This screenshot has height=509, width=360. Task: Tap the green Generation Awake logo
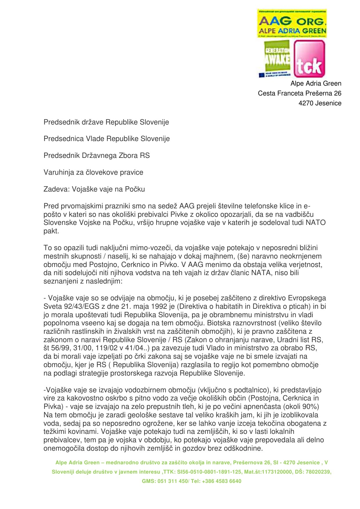pos(276,59)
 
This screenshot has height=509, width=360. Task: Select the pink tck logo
pos(309,59)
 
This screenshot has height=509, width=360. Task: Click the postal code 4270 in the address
pos(306,103)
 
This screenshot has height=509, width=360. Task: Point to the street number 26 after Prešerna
pos(338,93)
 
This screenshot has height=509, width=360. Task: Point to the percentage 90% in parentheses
pos(312,407)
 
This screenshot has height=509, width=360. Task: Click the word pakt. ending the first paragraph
pos(51,231)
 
